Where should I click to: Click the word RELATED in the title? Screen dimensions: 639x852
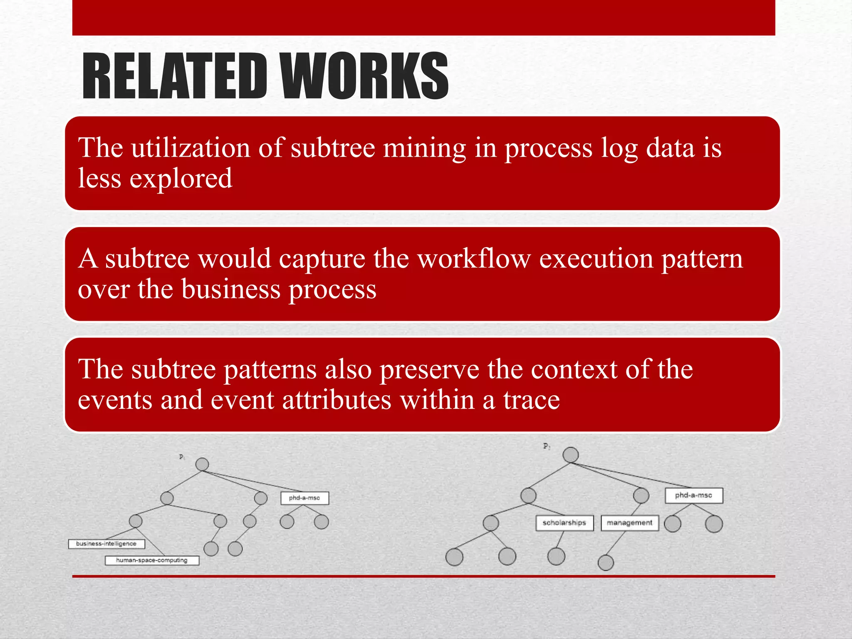click(174, 76)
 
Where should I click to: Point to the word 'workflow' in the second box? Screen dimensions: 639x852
click(474, 259)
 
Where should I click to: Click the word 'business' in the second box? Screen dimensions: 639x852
click(231, 289)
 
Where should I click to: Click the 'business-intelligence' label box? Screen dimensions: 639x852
click(106, 544)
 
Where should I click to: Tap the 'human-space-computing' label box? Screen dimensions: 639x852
click(152, 560)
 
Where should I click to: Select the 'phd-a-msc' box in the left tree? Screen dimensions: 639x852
click(305, 498)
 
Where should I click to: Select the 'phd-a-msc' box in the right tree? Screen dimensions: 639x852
click(693, 495)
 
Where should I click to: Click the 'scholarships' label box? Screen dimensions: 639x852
click(564, 523)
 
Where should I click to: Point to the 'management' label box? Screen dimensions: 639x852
click(629, 523)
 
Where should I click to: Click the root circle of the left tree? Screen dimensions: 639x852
click(202, 464)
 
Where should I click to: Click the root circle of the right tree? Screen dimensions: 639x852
click(570, 455)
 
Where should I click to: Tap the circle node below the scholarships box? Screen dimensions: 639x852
click(556, 556)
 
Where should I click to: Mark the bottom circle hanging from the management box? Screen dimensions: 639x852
click(605, 563)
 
